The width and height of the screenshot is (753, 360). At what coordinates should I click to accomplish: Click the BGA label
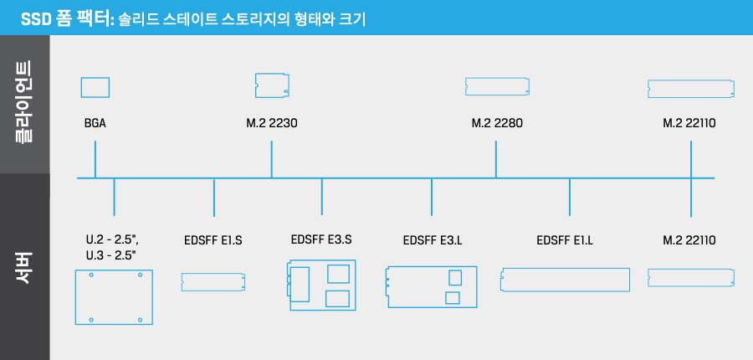(x=95, y=123)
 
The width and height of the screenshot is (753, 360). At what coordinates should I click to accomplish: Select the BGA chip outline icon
(x=95, y=87)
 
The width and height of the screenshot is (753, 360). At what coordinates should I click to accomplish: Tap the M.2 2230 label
(x=272, y=123)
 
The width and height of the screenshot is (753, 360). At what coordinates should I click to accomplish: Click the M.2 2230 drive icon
(x=272, y=85)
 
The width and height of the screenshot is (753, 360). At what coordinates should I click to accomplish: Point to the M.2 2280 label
(x=497, y=123)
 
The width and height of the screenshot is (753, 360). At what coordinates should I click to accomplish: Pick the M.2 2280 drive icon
(x=497, y=85)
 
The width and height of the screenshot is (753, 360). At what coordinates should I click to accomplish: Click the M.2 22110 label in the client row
(x=689, y=123)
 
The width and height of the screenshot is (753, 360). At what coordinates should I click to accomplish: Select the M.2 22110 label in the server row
(x=689, y=240)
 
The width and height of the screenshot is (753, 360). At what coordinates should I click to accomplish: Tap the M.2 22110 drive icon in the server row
(x=691, y=278)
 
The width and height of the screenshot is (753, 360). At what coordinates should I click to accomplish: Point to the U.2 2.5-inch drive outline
(x=114, y=297)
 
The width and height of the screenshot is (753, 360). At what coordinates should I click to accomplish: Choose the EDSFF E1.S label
(x=213, y=241)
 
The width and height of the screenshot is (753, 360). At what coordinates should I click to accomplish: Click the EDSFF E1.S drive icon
(x=213, y=282)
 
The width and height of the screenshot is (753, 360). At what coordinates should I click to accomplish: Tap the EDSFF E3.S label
(x=321, y=239)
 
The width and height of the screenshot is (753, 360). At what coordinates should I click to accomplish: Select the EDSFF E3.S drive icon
(x=321, y=285)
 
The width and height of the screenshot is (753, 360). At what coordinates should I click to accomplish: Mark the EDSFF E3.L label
(x=433, y=241)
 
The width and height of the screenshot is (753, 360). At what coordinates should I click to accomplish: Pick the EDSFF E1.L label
(x=565, y=241)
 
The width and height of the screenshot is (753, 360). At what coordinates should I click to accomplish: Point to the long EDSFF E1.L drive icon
(x=565, y=280)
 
